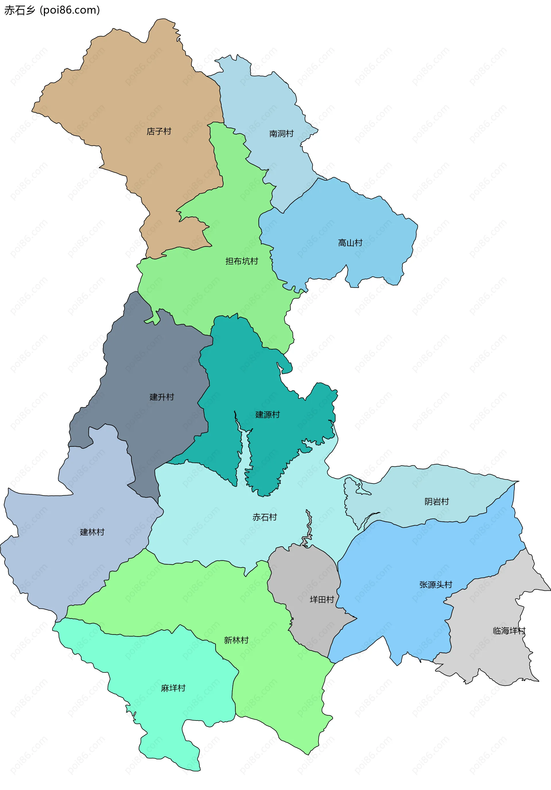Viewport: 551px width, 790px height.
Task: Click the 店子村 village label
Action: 159,131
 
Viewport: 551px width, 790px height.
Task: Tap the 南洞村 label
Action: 281,134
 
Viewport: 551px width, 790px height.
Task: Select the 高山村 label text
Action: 350,243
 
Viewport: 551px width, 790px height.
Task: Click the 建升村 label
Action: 162,397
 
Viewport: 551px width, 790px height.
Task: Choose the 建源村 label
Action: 267,415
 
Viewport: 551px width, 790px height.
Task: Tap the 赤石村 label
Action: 265,517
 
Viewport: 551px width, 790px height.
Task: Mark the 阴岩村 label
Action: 436,502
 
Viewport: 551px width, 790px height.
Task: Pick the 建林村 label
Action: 92,532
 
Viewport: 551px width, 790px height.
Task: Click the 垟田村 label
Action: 322,600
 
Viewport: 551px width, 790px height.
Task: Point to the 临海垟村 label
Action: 509,631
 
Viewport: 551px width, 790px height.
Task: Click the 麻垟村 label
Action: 173,688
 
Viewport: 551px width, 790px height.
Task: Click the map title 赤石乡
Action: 20,10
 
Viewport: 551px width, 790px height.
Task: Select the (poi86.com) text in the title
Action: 70,10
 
